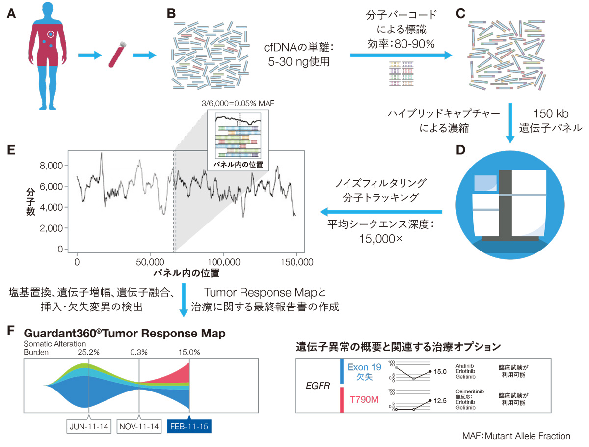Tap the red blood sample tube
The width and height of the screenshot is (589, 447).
pyautogui.click(x=116, y=55)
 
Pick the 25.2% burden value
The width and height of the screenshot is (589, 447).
pyautogui.click(x=89, y=352)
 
